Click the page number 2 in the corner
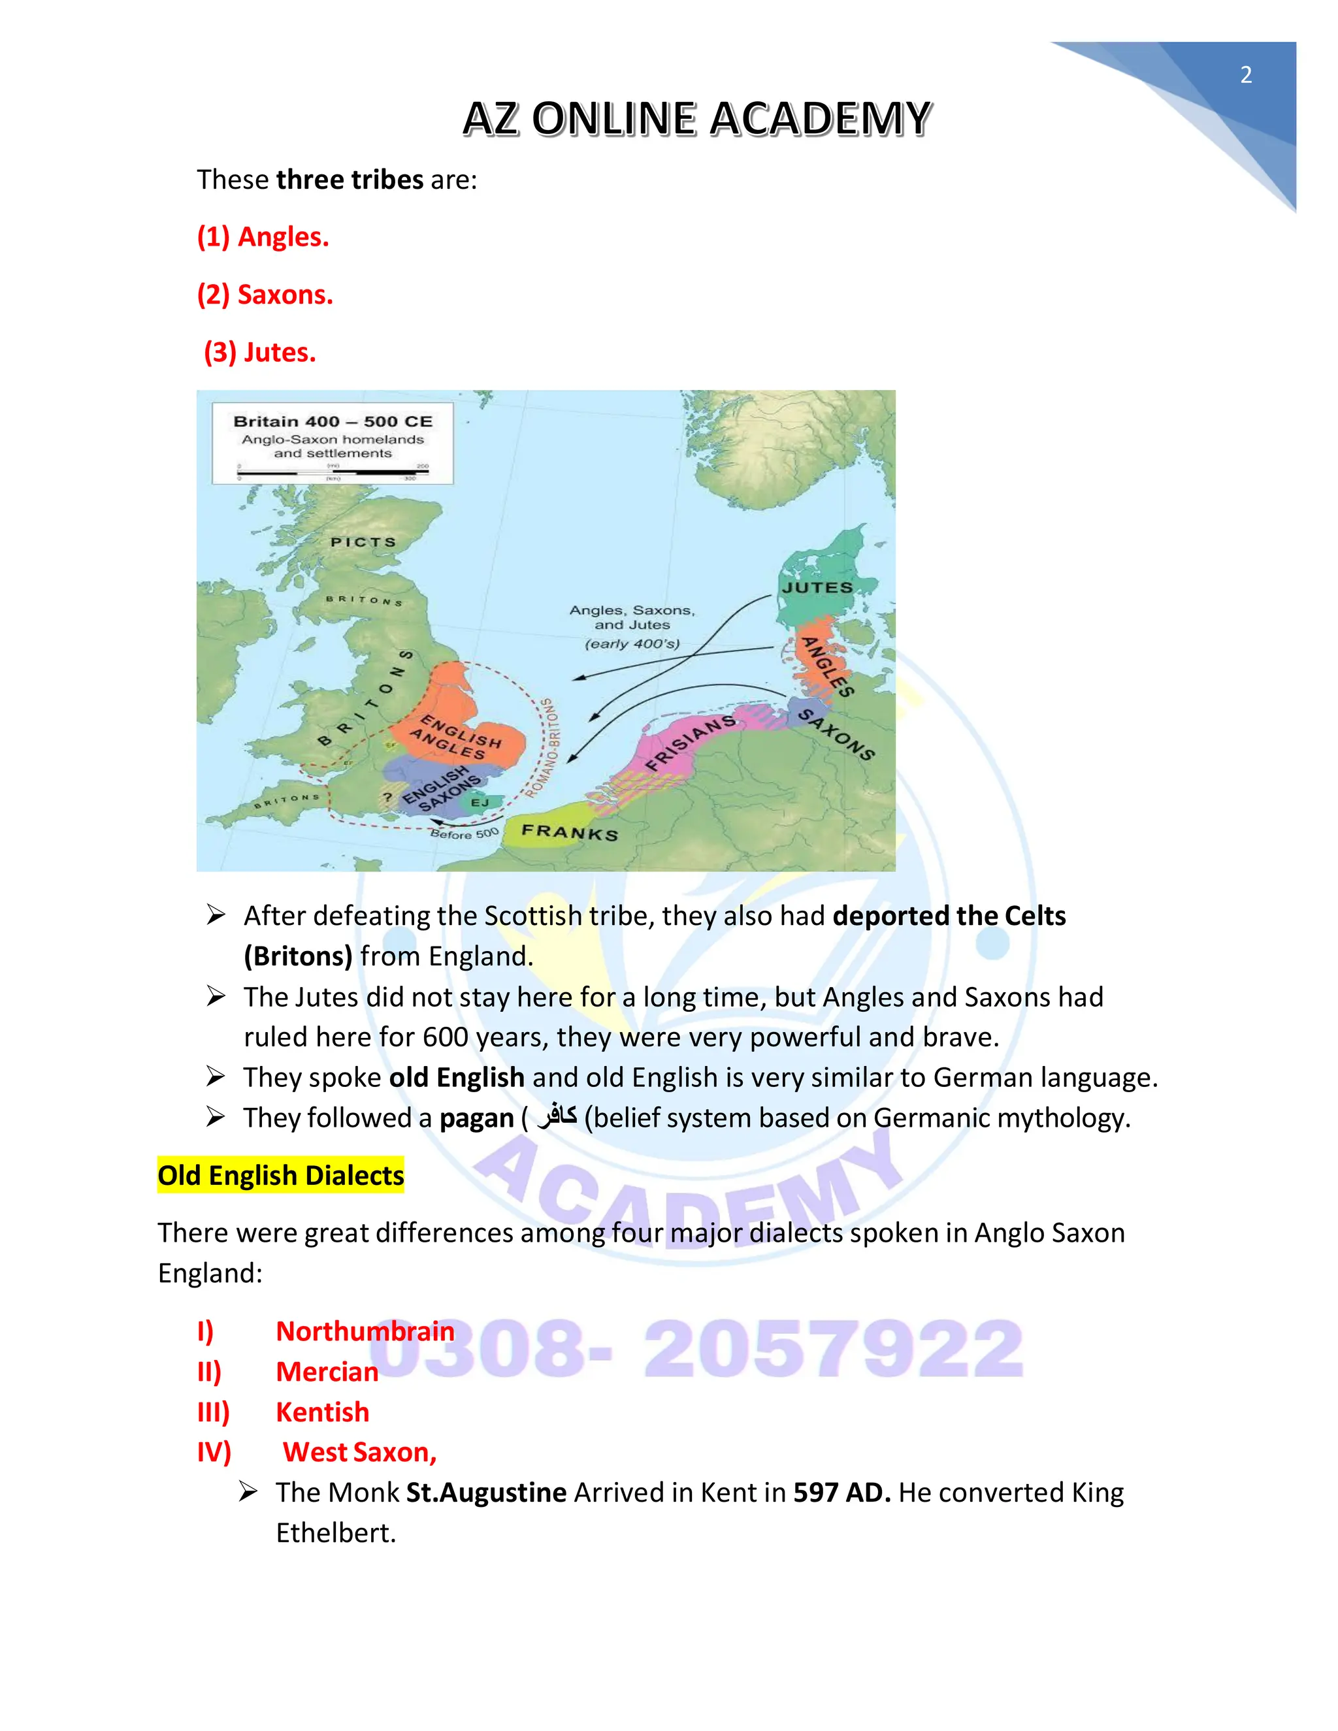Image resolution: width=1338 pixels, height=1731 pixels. click(1245, 75)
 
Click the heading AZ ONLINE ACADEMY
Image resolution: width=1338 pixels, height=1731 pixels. click(696, 120)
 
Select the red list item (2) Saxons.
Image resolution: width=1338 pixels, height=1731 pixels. click(265, 295)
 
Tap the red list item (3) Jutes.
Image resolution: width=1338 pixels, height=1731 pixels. click(260, 352)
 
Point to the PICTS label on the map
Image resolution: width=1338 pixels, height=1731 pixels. click(363, 542)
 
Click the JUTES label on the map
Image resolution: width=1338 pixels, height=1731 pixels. click(817, 587)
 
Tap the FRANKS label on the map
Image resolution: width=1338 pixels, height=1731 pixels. click(569, 832)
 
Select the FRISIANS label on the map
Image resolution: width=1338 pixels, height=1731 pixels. click(691, 742)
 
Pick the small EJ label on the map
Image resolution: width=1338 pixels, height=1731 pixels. click(480, 803)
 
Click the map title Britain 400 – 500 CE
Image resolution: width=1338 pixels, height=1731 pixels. click(333, 422)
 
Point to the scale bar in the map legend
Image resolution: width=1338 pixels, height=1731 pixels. click(333, 472)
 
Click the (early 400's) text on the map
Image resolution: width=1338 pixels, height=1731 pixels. click(632, 643)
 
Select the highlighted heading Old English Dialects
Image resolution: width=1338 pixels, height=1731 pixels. click(280, 1175)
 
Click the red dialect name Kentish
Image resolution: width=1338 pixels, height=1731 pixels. click(322, 1412)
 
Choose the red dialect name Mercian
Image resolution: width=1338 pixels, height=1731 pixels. click(327, 1371)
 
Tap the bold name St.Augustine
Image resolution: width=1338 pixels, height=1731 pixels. click(486, 1493)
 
